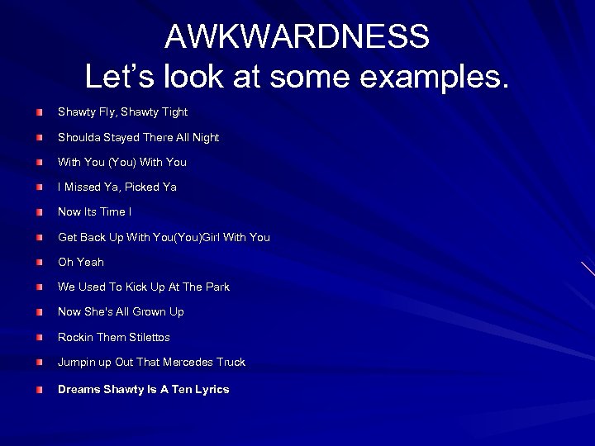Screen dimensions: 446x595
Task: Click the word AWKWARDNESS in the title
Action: [297, 37]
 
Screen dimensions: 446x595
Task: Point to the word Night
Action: [203, 137]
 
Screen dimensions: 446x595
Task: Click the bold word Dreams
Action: [78, 389]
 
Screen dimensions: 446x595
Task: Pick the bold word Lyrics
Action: [212, 389]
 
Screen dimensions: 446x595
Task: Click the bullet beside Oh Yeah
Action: [40, 262]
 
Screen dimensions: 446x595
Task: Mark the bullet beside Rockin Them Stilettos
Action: [40, 337]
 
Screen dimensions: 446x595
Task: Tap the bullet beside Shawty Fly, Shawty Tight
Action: [40, 111]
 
